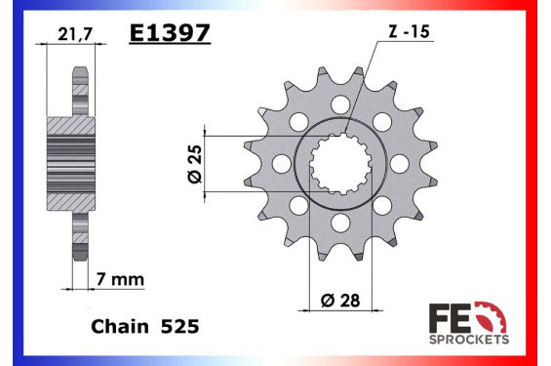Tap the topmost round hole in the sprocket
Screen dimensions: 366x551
tap(339, 102)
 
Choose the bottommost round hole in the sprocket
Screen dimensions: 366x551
tap(339, 223)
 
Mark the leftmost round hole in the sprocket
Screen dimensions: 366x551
tap(281, 163)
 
